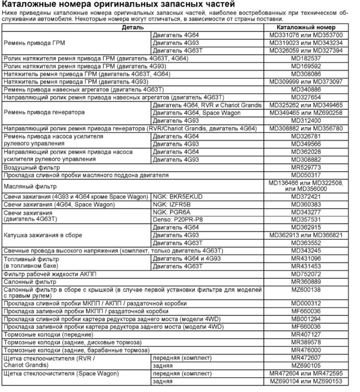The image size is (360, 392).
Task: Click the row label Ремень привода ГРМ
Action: click(x=35, y=43)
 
